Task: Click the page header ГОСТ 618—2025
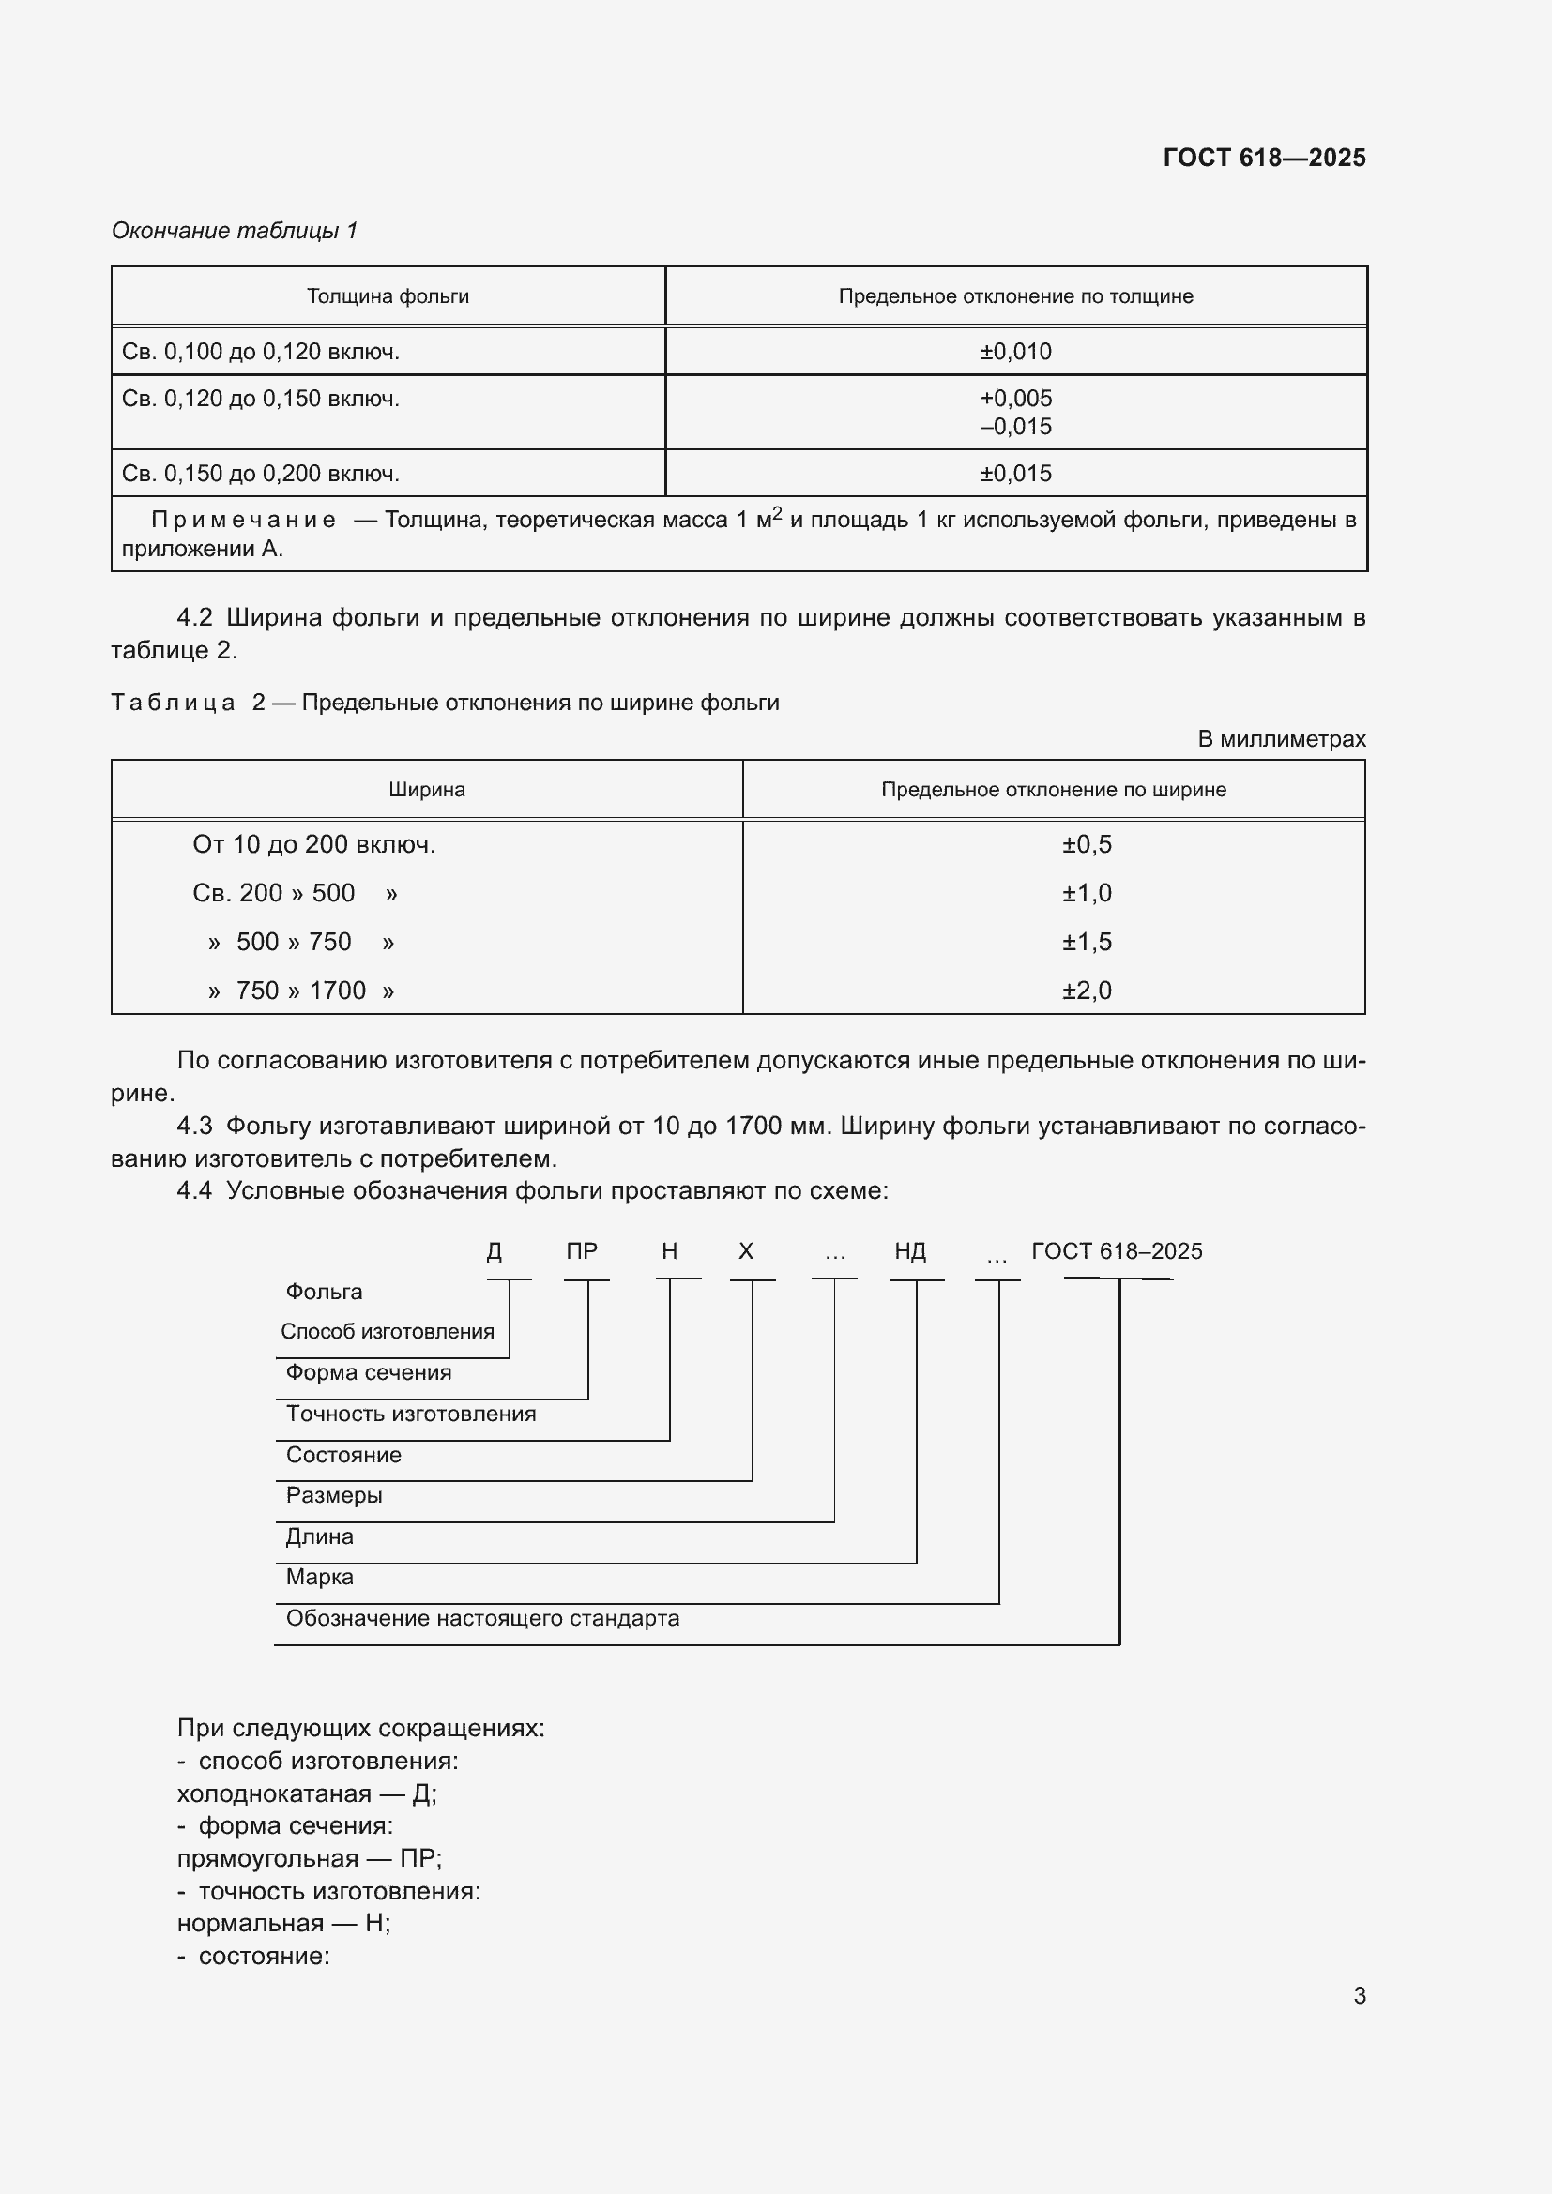pos(1263,158)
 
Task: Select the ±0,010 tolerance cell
pos(1015,352)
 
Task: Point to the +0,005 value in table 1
pos(1015,399)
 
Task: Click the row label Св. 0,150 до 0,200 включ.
pos(260,474)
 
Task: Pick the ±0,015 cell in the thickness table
pos(1015,474)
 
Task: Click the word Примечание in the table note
pos(243,521)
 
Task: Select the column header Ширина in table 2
pos(426,790)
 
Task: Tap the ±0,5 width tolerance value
pos(1087,845)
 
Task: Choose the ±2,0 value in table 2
pos(1087,991)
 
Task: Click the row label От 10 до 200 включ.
pos(313,845)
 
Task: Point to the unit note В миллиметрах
pos(1281,739)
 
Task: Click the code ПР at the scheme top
pos(582,1252)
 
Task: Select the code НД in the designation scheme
pos(910,1252)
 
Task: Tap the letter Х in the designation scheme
pos(746,1252)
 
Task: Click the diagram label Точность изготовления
pos(411,1415)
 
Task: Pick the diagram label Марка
pos(319,1578)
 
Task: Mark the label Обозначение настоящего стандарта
pos(482,1619)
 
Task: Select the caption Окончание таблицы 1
pos(235,231)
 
